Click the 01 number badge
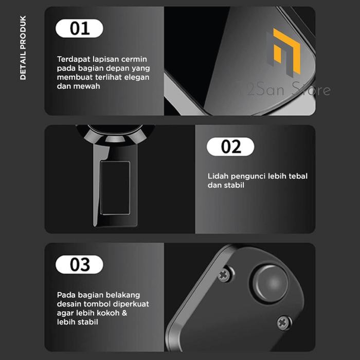point(79,28)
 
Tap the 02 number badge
point(230,147)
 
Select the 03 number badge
point(79,265)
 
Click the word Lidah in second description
point(218,176)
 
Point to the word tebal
point(297,176)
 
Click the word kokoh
point(112,313)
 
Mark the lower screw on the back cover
point(284,322)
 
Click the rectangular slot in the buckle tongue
point(115,188)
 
